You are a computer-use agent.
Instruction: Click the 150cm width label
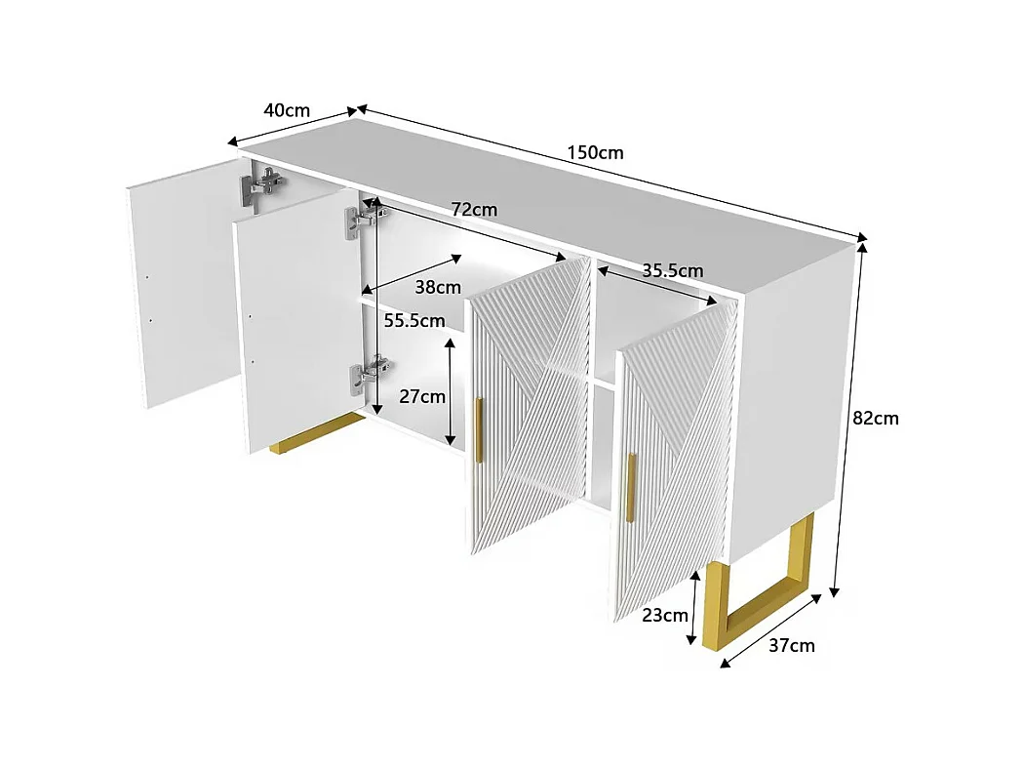[595, 152]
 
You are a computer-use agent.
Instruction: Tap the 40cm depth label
[287, 109]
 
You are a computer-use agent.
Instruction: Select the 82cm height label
[875, 418]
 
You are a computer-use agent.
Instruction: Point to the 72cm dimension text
[474, 210]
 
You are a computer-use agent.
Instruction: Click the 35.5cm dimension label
[672, 270]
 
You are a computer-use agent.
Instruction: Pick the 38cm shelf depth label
[438, 287]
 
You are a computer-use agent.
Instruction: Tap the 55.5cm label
[414, 320]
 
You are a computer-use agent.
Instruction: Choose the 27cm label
[422, 396]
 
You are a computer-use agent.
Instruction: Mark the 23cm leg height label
[664, 615]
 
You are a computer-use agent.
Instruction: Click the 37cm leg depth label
[792, 645]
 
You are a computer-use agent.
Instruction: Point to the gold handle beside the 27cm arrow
[478, 429]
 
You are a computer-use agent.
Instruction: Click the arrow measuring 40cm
[294, 127]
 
